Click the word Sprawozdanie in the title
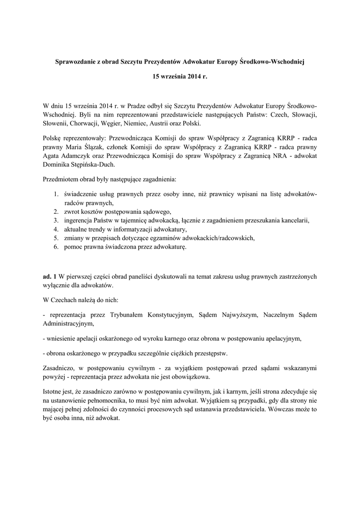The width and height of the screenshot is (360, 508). coord(74,63)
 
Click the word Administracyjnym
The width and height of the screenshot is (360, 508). coord(68,323)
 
